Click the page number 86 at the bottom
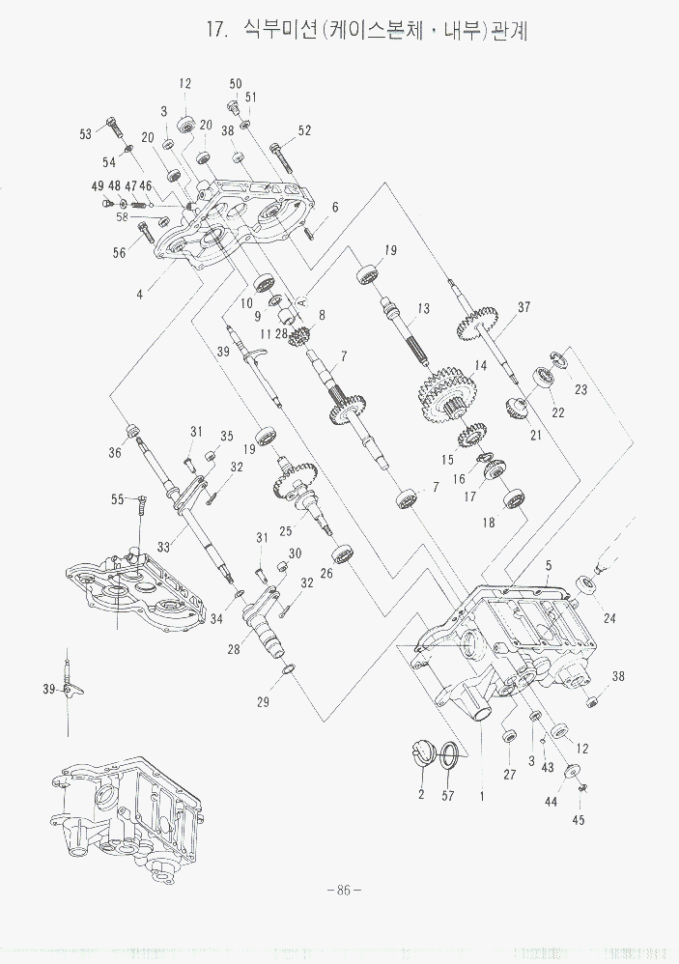point(343,890)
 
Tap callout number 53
point(86,134)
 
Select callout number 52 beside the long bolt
point(304,130)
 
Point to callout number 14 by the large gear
point(480,366)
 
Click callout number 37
point(523,308)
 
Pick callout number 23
point(580,390)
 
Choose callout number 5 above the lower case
point(548,565)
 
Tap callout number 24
point(609,618)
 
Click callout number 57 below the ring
point(447,795)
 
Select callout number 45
point(579,820)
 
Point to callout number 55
point(118,499)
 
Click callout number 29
point(263,702)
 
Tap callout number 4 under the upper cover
point(140,292)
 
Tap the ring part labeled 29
point(286,669)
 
